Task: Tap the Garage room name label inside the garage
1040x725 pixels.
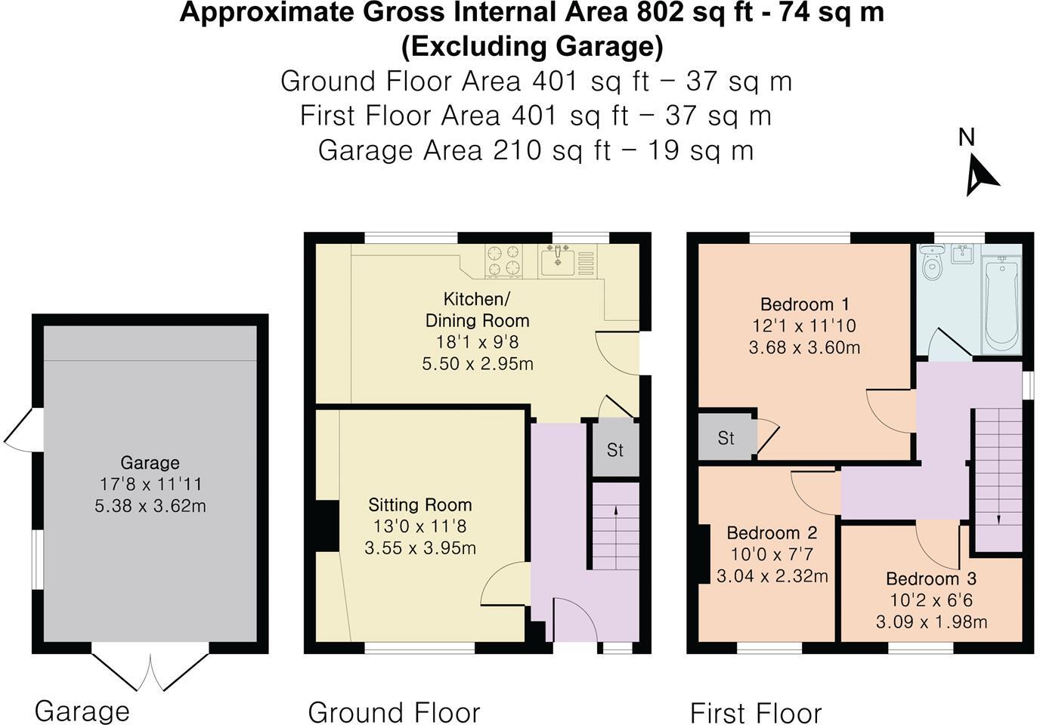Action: [150, 462]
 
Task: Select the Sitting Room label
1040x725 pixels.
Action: [420, 504]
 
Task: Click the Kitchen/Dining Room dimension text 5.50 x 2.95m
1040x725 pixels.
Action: [478, 363]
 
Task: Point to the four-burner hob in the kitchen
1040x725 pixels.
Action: [503, 261]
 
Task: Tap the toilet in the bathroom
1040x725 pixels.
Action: [933, 261]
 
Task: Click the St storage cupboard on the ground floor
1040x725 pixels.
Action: [615, 449]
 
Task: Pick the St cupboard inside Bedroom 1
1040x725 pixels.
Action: [726, 437]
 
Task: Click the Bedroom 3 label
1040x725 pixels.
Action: [931, 578]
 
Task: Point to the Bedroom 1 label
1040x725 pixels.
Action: [805, 304]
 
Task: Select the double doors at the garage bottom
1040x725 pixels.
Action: [150, 671]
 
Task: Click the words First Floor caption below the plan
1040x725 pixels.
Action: [756, 713]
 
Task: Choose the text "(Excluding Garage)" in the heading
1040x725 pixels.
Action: [532, 47]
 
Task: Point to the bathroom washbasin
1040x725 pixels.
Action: [961, 255]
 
